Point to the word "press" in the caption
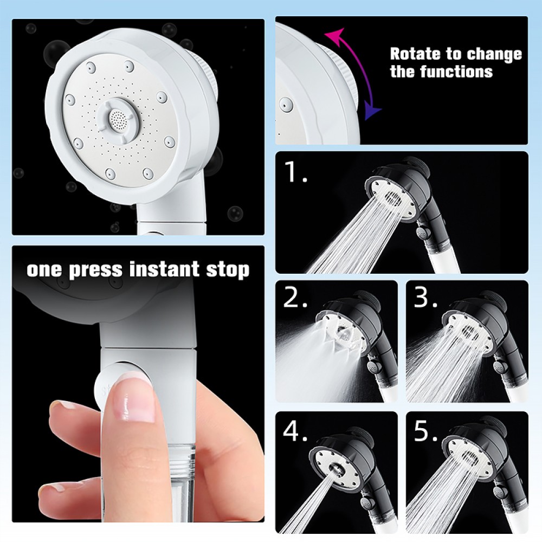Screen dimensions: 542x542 pyautogui.click(x=96, y=270)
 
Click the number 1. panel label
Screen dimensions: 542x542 pyautogui.click(x=295, y=172)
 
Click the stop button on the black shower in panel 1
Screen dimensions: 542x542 pyautogui.click(x=422, y=231)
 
